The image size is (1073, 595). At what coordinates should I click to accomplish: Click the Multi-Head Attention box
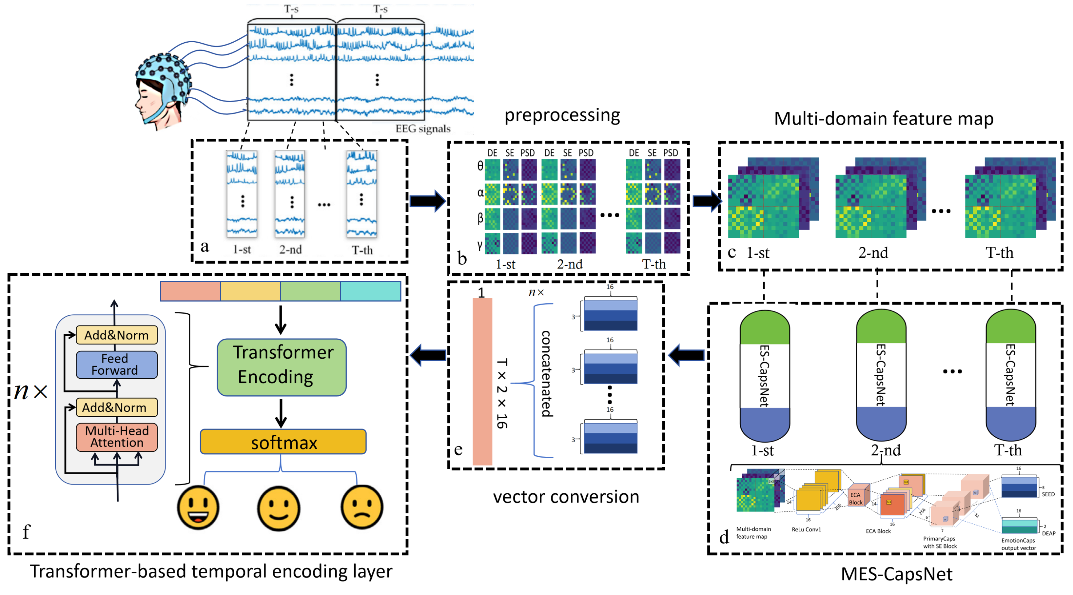[x=117, y=437]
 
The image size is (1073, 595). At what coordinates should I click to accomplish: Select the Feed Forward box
[x=117, y=365]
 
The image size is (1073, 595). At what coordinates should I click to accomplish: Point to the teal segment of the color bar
[x=370, y=291]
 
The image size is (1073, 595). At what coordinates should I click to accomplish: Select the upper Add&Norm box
[x=117, y=335]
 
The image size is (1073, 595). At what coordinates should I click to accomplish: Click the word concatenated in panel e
[x=546, y=373]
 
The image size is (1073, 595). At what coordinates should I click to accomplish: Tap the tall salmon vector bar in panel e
[x=482, y=381]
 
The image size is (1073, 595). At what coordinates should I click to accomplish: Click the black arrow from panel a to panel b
[x=427, y=201]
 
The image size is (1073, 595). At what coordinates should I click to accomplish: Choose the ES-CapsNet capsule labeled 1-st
[x=764, y=375]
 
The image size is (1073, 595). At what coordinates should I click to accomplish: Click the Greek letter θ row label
[x=480, y=166]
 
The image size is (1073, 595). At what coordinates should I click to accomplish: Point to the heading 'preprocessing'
[x=562, y=115]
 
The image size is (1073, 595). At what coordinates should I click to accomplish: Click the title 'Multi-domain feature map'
[x=884, y=118]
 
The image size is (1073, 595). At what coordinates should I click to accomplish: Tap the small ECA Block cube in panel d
[x=857, y=496]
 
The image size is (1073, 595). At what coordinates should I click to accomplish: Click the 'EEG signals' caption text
[x=423, y=129]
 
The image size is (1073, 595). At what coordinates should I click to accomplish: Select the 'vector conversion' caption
[x=566, y=497]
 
